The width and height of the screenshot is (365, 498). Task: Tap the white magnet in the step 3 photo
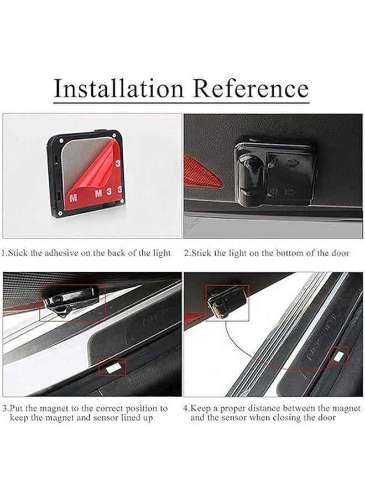point(113,366)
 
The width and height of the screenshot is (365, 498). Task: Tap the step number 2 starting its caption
point(186,253)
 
